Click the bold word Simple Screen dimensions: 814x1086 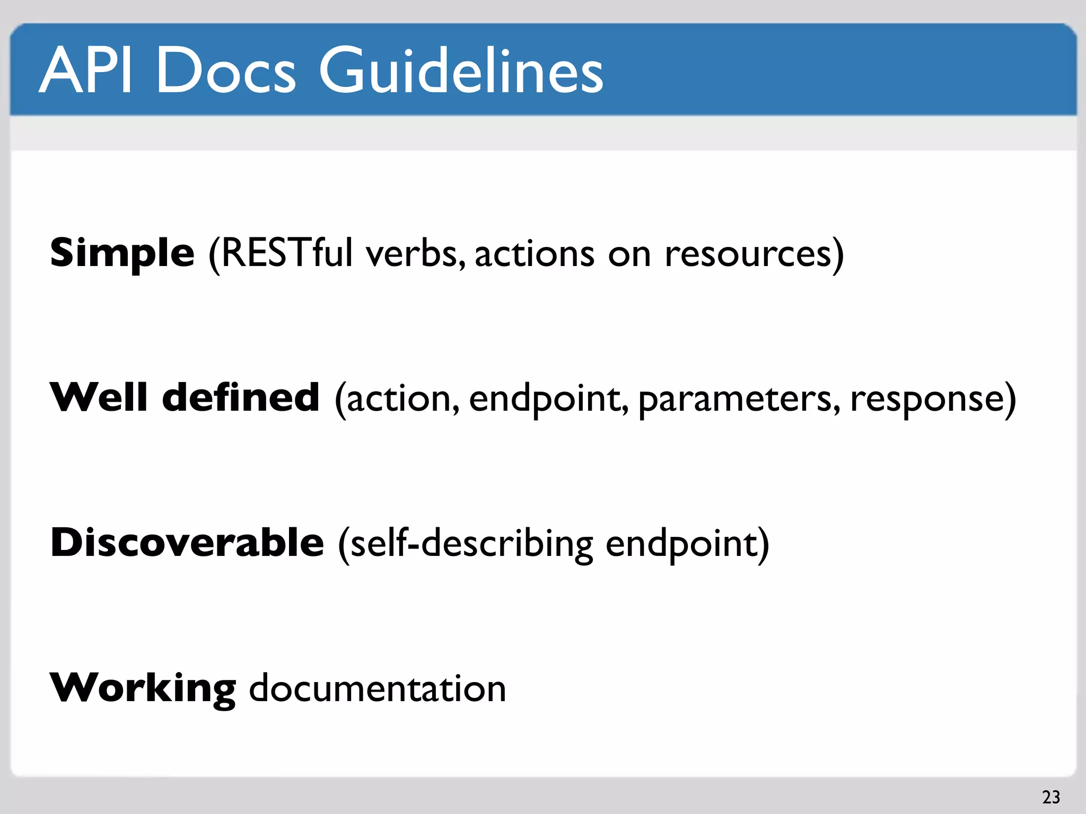[x=122, y=253]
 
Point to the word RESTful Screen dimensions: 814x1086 [x=286, y=253]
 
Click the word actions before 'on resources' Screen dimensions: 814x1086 [x=535, y=253]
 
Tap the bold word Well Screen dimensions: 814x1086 [x=99, y=397]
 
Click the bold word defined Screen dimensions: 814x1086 [x=241, y=397]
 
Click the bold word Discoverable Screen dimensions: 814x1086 [x=187, y=543]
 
